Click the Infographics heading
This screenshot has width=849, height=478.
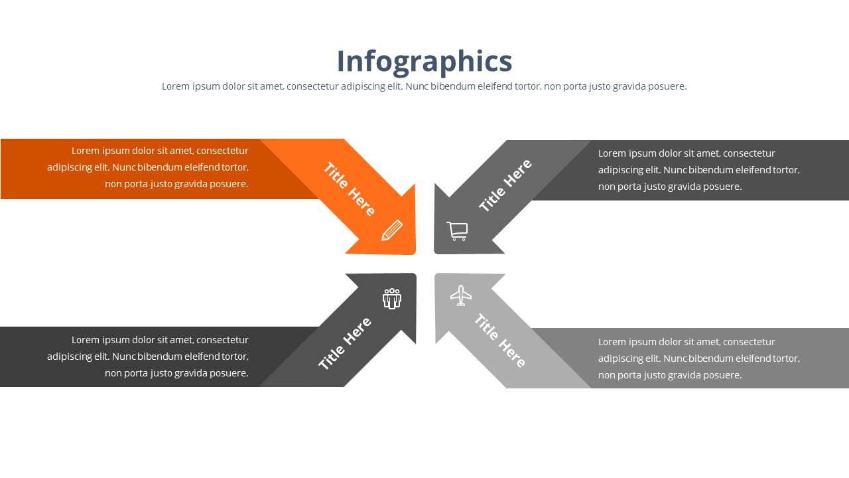(424, 62)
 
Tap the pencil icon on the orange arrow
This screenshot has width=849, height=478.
(392, 230)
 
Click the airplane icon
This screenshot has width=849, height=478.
(461, 295)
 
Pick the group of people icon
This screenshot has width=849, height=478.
(392, 299)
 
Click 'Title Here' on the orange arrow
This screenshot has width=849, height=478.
(349, 189)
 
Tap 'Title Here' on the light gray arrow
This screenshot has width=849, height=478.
(500, 341)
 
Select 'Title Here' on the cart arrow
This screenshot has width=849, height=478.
(505, 185)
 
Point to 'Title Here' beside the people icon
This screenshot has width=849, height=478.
(344, 343)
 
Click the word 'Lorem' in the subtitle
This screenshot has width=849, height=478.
(176, 86)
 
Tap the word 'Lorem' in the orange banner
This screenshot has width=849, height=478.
(86, 151)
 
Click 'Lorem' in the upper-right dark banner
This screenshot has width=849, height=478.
(612, 153)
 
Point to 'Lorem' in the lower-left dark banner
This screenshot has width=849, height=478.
(86, 340)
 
